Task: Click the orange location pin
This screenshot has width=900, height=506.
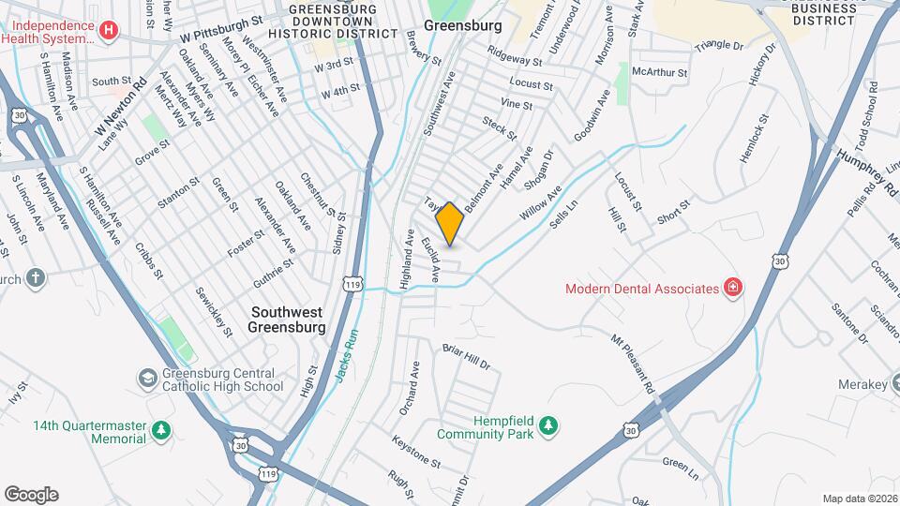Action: pos(450,223)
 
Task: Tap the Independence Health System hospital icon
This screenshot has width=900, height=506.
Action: pos(110,31)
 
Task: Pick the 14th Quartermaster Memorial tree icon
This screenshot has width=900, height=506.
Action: pos(162,431)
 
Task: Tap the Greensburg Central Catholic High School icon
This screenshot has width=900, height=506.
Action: pos(148,378)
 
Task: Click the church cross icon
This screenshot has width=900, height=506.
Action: pos(36,278)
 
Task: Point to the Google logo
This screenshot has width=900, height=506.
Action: pos(31,495)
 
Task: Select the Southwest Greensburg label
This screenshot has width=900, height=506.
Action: pos(286,320)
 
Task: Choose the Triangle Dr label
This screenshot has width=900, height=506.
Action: pos(718,45)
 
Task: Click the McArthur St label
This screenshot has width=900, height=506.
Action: pos(660,71)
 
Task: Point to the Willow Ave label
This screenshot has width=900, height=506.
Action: pos(540,203)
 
